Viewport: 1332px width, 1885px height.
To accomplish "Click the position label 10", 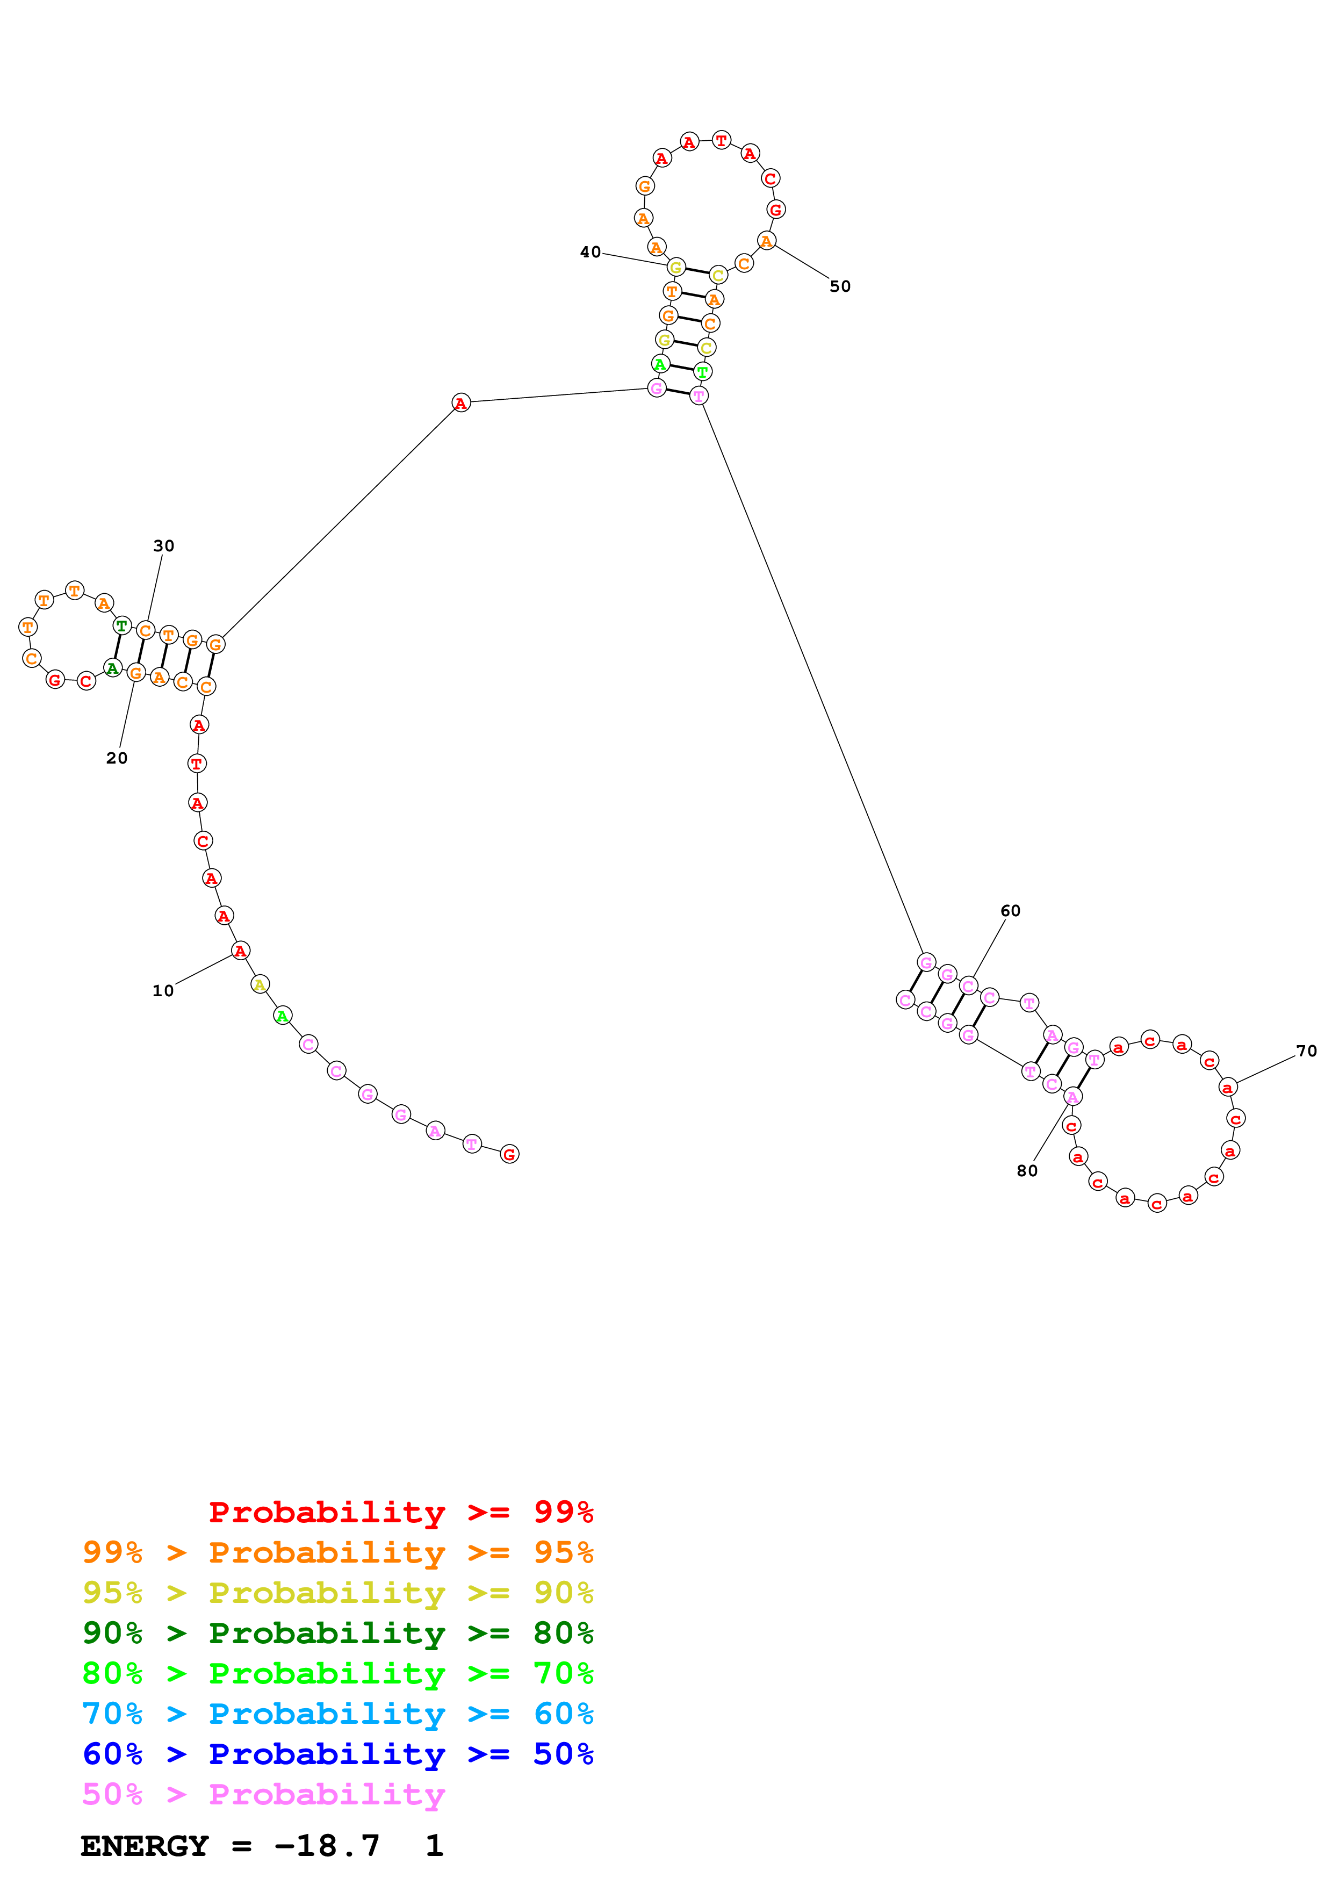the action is click(x=163, y=991).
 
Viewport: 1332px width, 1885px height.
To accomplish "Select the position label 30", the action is click(x=163, y=546).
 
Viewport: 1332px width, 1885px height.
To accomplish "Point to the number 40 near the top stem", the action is click(x=590, y=252).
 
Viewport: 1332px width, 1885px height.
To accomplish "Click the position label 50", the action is click(x=840, y=286).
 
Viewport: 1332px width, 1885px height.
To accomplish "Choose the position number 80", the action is click(x=1027, y=1171).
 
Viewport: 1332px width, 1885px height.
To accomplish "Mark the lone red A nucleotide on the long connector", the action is click(x=461, y=402).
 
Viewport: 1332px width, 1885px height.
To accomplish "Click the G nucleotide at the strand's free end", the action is click(x=509, y=1154).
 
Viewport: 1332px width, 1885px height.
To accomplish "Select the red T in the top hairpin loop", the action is click(x=721, y=140).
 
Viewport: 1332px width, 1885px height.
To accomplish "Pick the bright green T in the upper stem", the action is click(x=702, y=372).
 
